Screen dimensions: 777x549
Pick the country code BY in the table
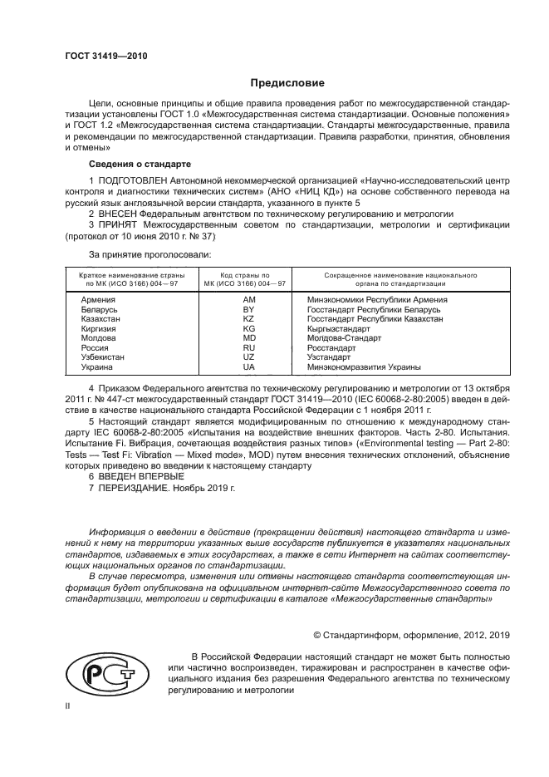click(248, 309)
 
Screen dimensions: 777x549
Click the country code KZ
click(248, 318)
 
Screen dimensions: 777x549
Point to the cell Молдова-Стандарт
click(344, 338)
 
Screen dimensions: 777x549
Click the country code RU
click(248, 347)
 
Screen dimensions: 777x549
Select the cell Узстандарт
click(330, 357)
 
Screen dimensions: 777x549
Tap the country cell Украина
click(97, 366)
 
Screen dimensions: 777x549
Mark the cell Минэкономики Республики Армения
click(377, 299)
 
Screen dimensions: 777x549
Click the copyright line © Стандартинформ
click(405, 634)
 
